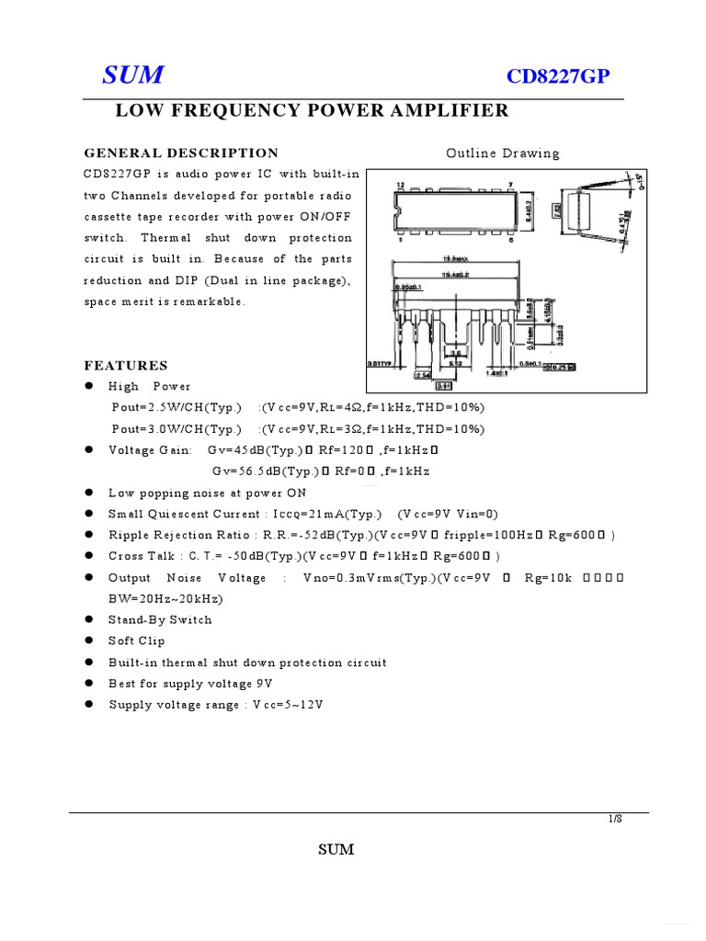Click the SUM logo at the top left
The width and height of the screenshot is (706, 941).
[x=132, y=76]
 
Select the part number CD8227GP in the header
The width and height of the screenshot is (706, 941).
[x=558, y=77]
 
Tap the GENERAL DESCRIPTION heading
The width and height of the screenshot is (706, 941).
[x=181, y=153]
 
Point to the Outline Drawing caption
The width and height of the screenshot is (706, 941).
[x=502, y=153]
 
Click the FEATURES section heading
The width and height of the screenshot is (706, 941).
[x=126, y=365]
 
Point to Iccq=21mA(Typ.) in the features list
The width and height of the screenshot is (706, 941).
[x=324, y=514]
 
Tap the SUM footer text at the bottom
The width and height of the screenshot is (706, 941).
[x=336, y=849]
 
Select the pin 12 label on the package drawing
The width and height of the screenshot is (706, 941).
[x=400, y=186]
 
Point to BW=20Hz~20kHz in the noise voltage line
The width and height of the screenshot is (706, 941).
[x=165, y=598]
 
